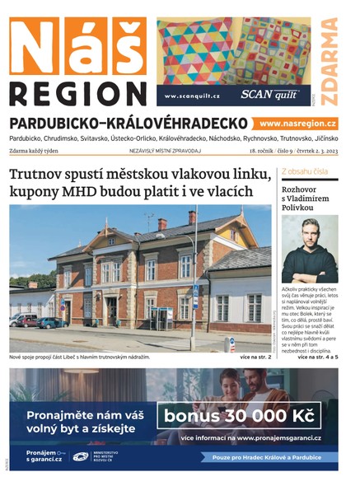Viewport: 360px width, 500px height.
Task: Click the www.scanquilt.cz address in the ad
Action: click(193, 96)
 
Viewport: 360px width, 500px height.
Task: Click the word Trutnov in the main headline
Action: click(42, 175)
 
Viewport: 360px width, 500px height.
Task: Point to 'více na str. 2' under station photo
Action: click(255, 357)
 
